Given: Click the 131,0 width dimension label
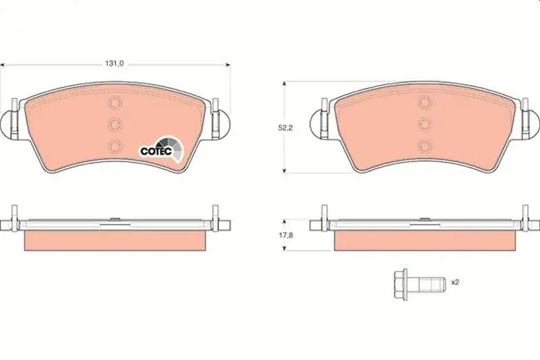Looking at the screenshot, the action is pos(114,63).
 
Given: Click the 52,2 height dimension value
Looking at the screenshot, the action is pos(285,128).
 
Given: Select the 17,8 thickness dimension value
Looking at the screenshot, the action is pos(285,235).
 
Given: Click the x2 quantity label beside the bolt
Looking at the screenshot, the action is pos(455,282).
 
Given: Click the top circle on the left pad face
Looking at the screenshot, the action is pos(115,102).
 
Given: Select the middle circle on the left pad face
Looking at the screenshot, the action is pos(115,124).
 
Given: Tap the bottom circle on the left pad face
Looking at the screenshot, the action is pos(115,146).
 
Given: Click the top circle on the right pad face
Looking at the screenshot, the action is pos(425,102).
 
